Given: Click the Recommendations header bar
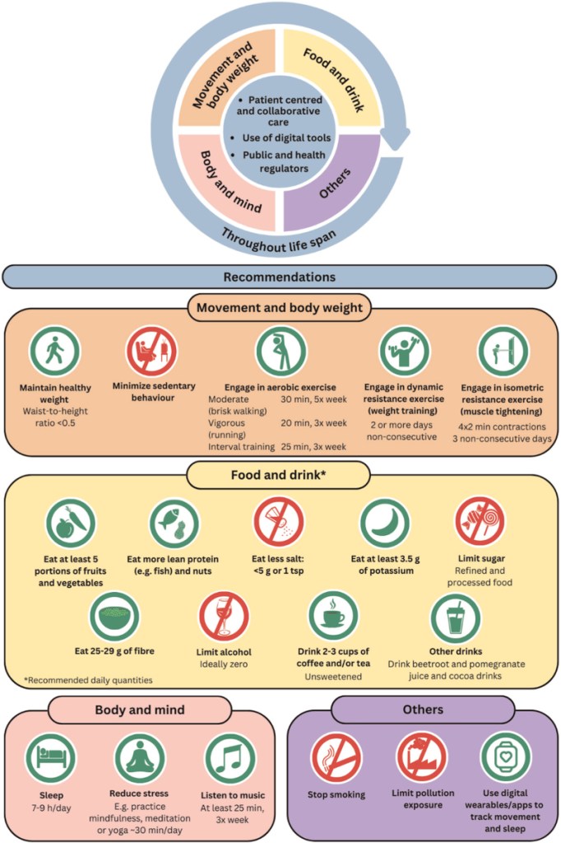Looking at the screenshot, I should point(279,277).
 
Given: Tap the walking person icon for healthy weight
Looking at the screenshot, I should point(53,352).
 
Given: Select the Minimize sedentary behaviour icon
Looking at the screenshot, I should point(151,352).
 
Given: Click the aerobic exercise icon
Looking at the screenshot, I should point(280,352).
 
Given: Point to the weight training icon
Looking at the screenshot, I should point(404,352).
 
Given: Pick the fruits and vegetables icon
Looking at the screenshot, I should point(70,524).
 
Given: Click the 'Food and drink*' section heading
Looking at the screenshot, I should point(279,475).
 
